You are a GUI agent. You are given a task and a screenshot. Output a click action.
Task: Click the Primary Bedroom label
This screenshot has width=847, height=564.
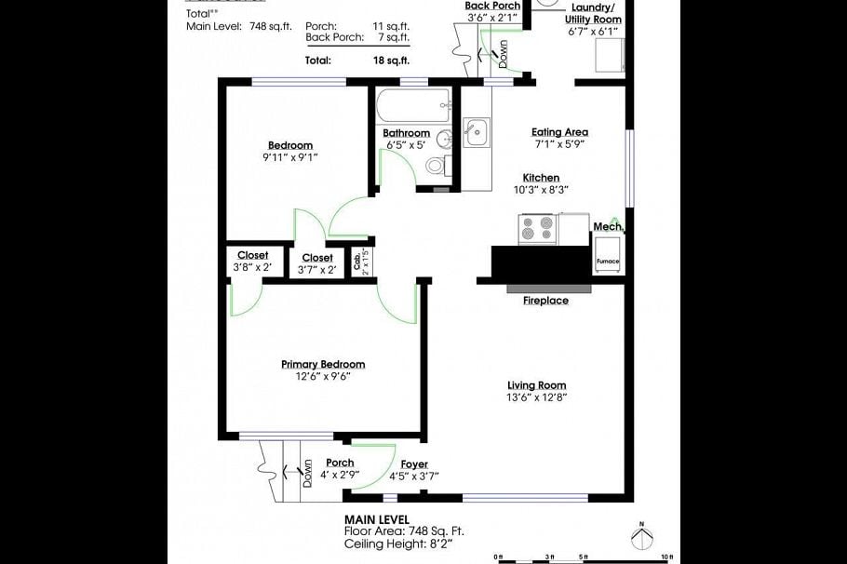click(x=323, y=364)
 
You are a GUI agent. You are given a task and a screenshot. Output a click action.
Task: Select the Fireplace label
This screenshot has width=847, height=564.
click(x=544, y=301)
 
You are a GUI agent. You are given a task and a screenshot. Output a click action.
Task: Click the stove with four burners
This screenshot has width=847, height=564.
click(x=538, y=230)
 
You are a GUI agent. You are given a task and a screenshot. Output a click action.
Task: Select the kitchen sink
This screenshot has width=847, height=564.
click(x=476, y=131)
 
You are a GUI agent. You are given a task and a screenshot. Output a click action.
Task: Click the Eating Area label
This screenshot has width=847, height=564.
click(x=559, y=132)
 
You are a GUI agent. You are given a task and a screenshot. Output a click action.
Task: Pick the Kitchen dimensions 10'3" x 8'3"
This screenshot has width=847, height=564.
click(x=541, y=190)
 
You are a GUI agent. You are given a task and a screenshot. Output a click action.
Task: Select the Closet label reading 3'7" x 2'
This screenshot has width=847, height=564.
click(x=316, y=270)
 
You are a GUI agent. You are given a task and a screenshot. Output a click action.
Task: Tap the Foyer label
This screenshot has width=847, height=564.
click(x=414, y=464)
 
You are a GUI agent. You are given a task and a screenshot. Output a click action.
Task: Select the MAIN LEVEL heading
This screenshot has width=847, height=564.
click(x=376, y=519)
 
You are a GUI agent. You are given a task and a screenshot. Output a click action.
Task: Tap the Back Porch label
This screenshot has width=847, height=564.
click(x=492, y=6)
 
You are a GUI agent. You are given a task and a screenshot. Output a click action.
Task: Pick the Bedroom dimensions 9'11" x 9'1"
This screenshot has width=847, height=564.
click(x=290, y=157)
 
